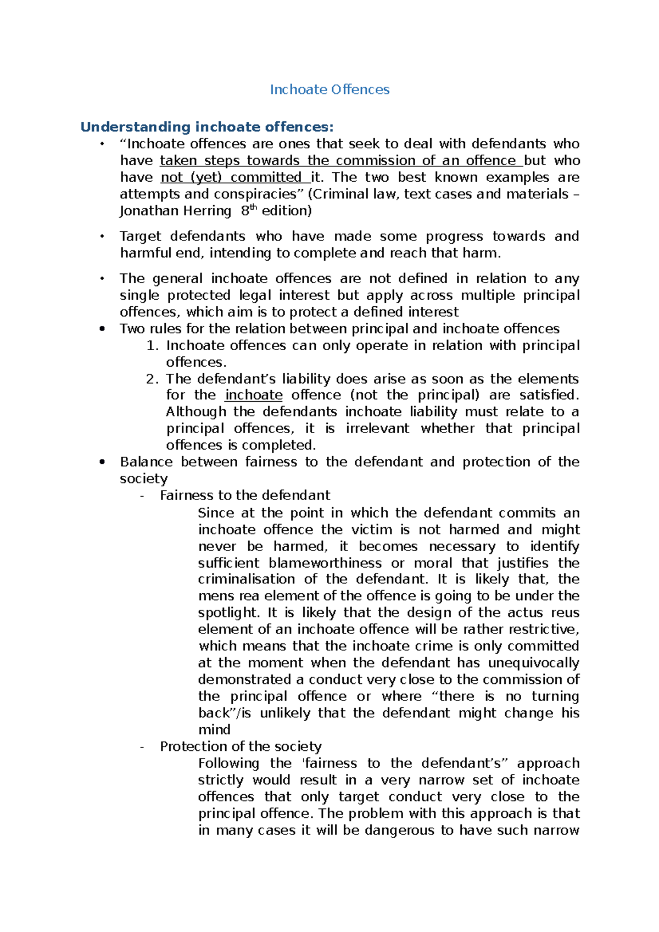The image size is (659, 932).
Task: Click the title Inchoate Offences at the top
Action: (x=329, y=89)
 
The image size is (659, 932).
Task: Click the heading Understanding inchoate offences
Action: (x=206, y=127)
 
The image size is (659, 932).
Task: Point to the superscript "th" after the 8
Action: (x=253, y=207)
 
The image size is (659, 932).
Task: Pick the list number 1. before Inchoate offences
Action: (x=152, y=346)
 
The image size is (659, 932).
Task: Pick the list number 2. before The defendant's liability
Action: (x=152, y=379)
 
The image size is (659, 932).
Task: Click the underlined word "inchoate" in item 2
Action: (x=254, y=395)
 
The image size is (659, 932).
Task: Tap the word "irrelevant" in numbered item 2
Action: (x=377, y=428)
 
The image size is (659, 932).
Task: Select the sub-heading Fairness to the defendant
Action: (x=245, y=495)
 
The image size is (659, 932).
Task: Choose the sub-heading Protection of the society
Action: (x=241, y=746)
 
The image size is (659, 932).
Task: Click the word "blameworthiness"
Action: (x=325, y=563)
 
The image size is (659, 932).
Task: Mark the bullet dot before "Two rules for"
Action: (x=102, y=329)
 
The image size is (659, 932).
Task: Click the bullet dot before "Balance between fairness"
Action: (x=102, y=462)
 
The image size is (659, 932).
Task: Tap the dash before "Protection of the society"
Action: (x=142, y=746)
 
